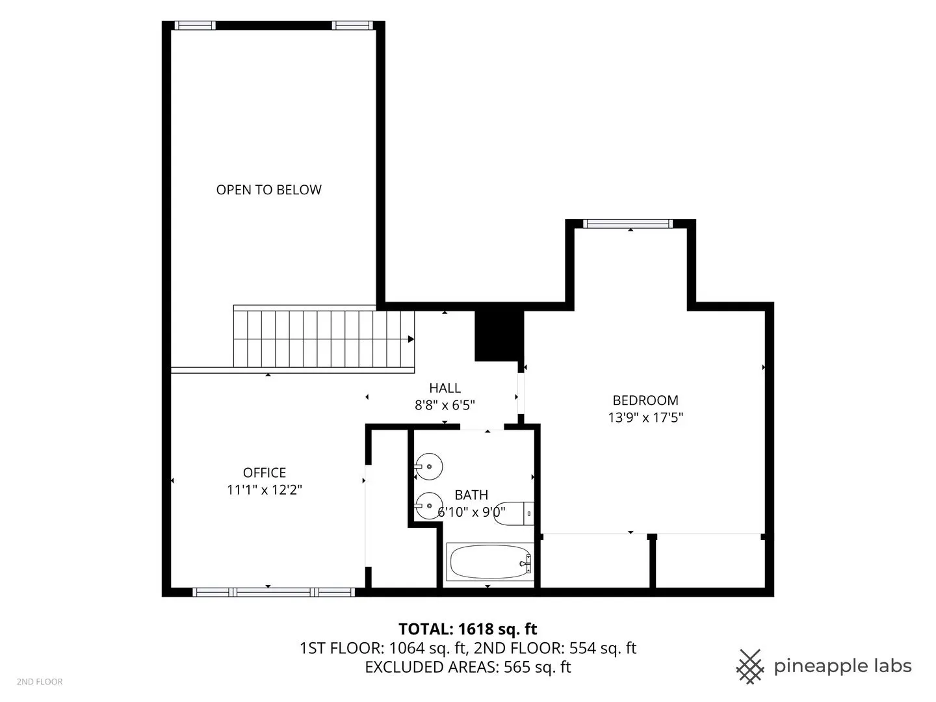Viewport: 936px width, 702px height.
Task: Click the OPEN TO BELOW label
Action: [x=268, y=190]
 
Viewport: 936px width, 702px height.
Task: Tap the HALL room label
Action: [x=445, y=388]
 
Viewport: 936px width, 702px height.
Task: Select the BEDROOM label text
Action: [x=645, y=400]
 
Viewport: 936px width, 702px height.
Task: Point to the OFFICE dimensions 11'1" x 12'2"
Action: [x=265, y=489]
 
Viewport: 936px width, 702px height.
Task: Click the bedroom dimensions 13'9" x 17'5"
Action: [x=645, y=417]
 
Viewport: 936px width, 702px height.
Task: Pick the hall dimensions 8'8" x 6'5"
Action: [x=445, y=405]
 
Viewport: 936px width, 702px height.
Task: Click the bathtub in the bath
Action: [x=490, y=562]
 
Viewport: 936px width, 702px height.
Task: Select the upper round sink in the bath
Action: [x=428, y=466]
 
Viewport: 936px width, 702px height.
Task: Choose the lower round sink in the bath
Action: [x=428, y=506]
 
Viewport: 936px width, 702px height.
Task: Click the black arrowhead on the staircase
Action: [x=411, y=339]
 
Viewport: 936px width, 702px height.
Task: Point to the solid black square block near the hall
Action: [x=499, y=336]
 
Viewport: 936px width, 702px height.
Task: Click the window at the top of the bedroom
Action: [x=628, y=224]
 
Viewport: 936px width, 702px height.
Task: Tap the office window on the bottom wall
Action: [x=274, y=592]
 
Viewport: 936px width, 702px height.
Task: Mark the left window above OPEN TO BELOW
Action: [x=195, y=25]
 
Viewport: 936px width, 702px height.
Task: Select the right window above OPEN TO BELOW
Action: [x=353, y=25]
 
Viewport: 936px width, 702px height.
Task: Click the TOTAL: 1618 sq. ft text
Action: [x=468, y=629]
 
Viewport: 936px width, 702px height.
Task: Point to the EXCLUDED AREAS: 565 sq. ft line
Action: [x=468, y=667]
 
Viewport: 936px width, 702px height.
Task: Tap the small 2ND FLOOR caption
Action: [x=40, y=682]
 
